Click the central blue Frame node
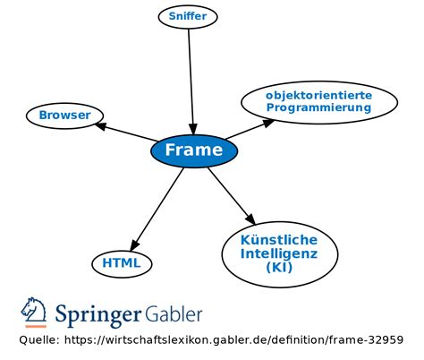[194, 150]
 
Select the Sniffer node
[188, 16]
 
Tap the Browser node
[64, 116]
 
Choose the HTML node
[122, 263]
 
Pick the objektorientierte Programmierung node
[318, 101]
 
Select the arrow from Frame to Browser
[125, 132]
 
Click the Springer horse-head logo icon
[34, 311]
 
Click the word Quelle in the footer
[38, 340]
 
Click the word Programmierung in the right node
[318, 107]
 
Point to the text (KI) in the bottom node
[278, 280]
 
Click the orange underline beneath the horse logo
[34, 326]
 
